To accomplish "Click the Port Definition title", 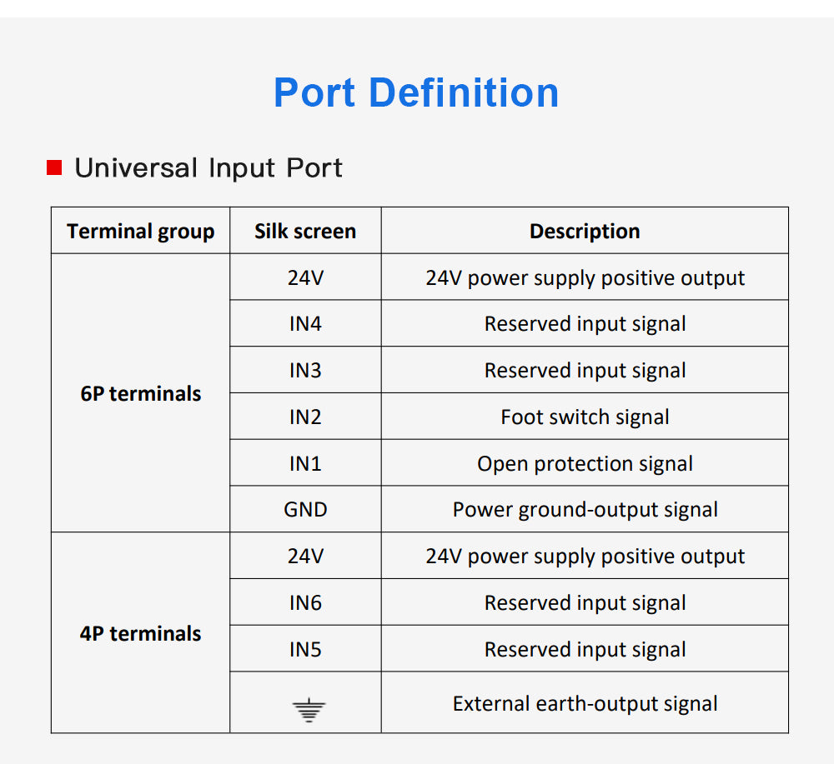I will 416,92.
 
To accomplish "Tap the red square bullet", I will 54,167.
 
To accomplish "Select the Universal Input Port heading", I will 208,167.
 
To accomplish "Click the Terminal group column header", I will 140,231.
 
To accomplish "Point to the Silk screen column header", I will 305,231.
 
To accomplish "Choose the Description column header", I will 585,231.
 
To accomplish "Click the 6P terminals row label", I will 140,393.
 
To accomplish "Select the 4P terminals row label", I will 140,633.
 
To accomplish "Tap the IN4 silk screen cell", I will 305,324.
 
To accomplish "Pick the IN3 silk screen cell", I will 305,371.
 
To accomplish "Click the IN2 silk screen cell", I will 305,417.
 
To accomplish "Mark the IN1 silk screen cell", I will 305,463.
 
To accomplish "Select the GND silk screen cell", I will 305,510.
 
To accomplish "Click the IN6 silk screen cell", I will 305,602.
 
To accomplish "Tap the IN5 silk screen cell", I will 305,649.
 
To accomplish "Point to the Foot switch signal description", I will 585,417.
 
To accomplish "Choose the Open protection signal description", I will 585,463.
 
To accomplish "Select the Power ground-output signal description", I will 585,510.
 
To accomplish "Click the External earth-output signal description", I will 585,704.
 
